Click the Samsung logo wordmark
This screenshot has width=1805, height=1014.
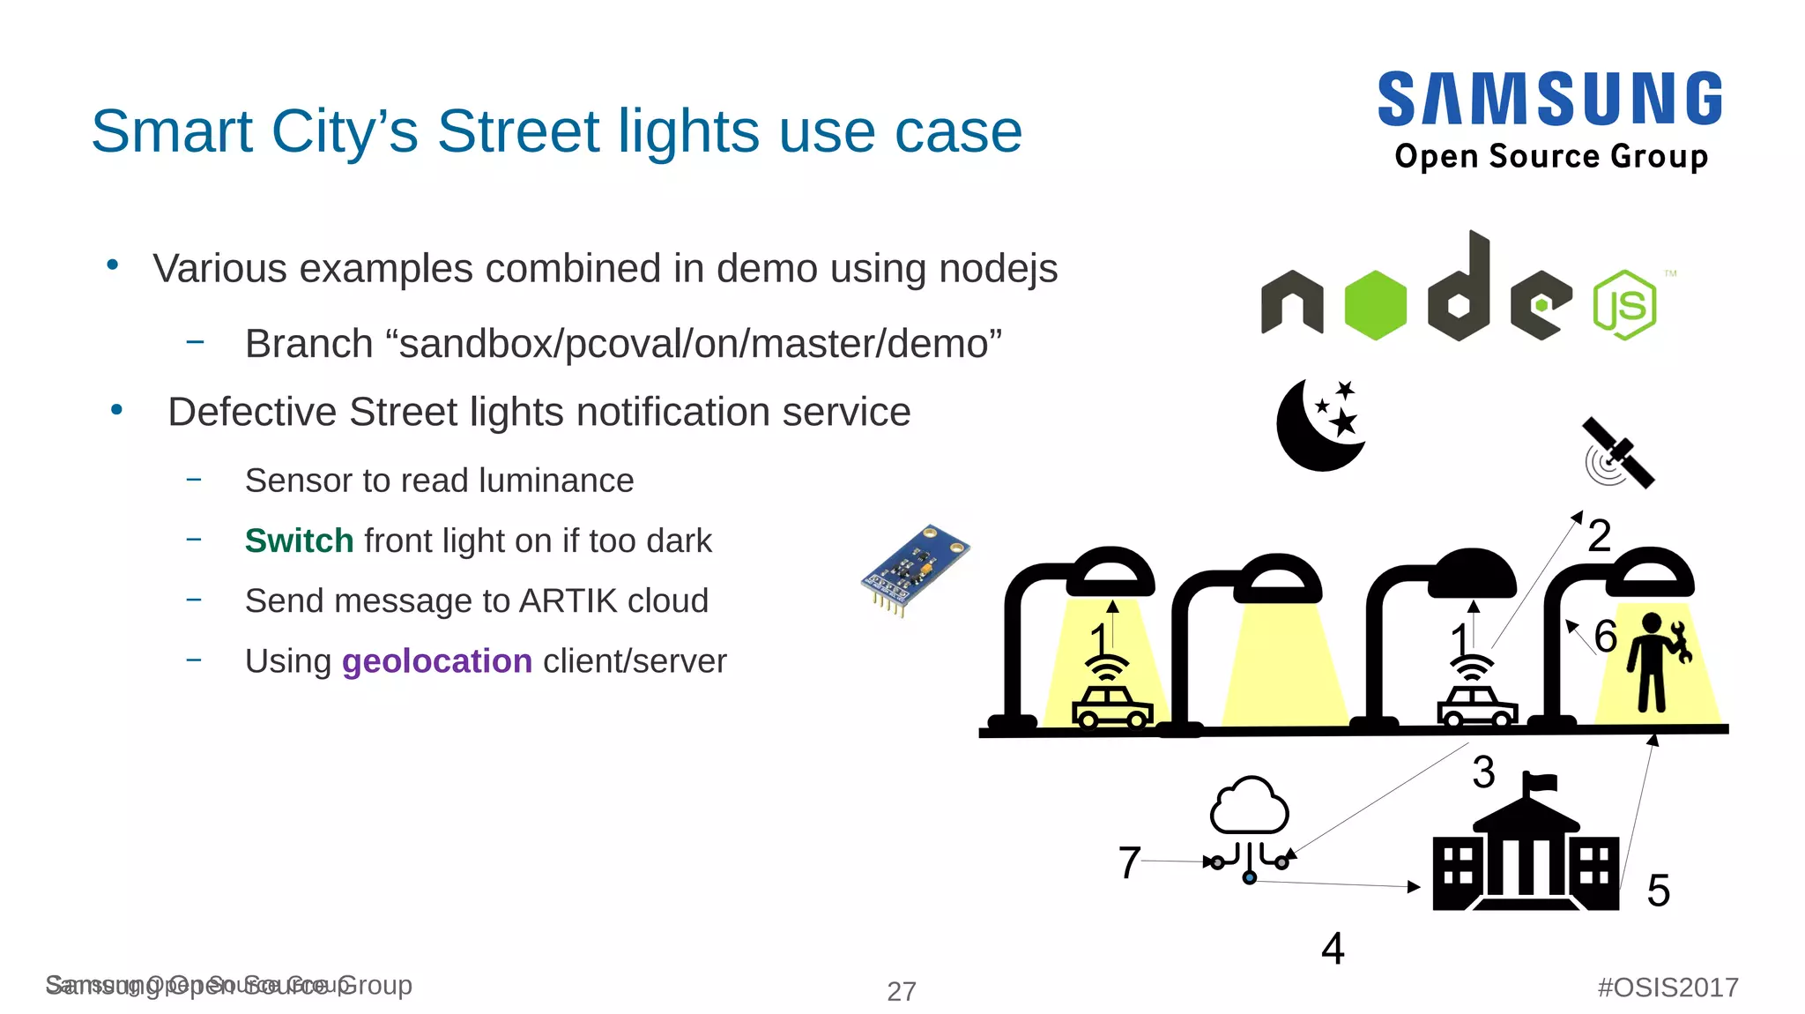(1549, 99)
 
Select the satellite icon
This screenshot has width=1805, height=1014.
(1618, 453)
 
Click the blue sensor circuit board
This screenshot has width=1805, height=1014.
(914, 570)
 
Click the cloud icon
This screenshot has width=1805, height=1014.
(1249, 806)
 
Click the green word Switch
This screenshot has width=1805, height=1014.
(299, 541)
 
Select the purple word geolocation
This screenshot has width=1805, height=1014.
(437, 661)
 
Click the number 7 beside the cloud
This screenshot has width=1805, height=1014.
(1129, 862)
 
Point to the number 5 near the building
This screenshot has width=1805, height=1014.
(1658, 891)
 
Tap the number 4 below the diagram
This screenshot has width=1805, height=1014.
(1333, 949)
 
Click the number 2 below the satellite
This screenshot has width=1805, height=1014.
(1599, 536)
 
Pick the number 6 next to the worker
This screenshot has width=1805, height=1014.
(1606, 636)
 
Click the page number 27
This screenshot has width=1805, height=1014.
(901, 991)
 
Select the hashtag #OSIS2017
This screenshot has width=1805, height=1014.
(1668, 988)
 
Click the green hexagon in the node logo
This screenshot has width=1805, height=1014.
(1375, 305)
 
